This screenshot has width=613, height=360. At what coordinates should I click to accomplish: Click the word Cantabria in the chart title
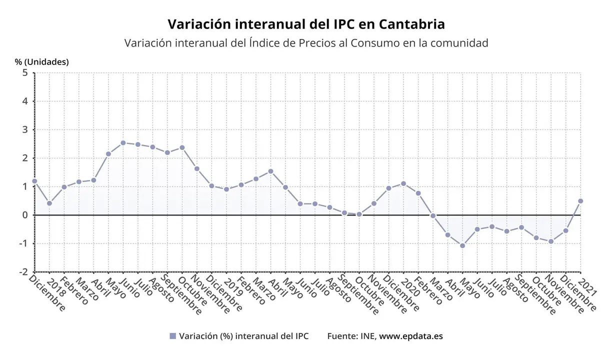[x=411, y=24]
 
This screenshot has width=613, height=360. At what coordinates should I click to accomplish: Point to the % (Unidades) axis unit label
[x=41, y=62]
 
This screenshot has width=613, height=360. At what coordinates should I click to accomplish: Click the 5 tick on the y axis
[x=24, y=73]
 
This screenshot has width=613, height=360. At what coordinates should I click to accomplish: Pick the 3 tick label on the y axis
[x=24, y=130]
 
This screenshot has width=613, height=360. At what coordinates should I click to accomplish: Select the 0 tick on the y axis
[x=24, y=215]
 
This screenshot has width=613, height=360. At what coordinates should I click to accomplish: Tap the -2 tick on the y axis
[x=22, y=272]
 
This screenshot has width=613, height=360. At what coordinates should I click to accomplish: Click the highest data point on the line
[x=123, y=142]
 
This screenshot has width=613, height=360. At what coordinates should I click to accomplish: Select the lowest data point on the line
[x=462, y=245]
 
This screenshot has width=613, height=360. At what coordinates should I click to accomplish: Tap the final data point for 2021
[x=580, y=201]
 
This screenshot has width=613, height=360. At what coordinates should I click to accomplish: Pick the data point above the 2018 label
[x=49, y=203]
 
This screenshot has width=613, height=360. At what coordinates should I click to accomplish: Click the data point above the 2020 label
[x=403, y=183]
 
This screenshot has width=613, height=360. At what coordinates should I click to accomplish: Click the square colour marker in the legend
[x=173, y=336]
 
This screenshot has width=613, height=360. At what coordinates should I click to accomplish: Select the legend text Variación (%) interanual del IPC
[x=243, y=336]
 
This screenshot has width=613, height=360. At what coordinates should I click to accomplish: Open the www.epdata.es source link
[x=411, y=336]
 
